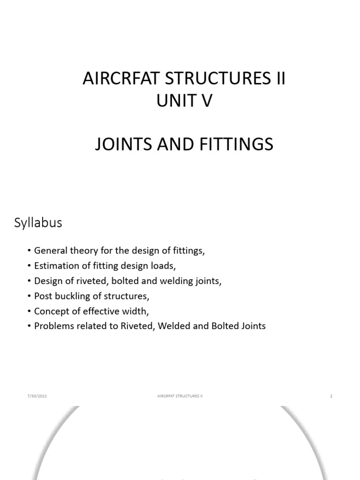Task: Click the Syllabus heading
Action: [x=38, y=223]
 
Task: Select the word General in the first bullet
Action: [x=50, y=251]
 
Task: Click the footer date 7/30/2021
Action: [x=37, y=396]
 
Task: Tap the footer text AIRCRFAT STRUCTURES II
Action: [x=180, y=396]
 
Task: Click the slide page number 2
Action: [x=331, y=396]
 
